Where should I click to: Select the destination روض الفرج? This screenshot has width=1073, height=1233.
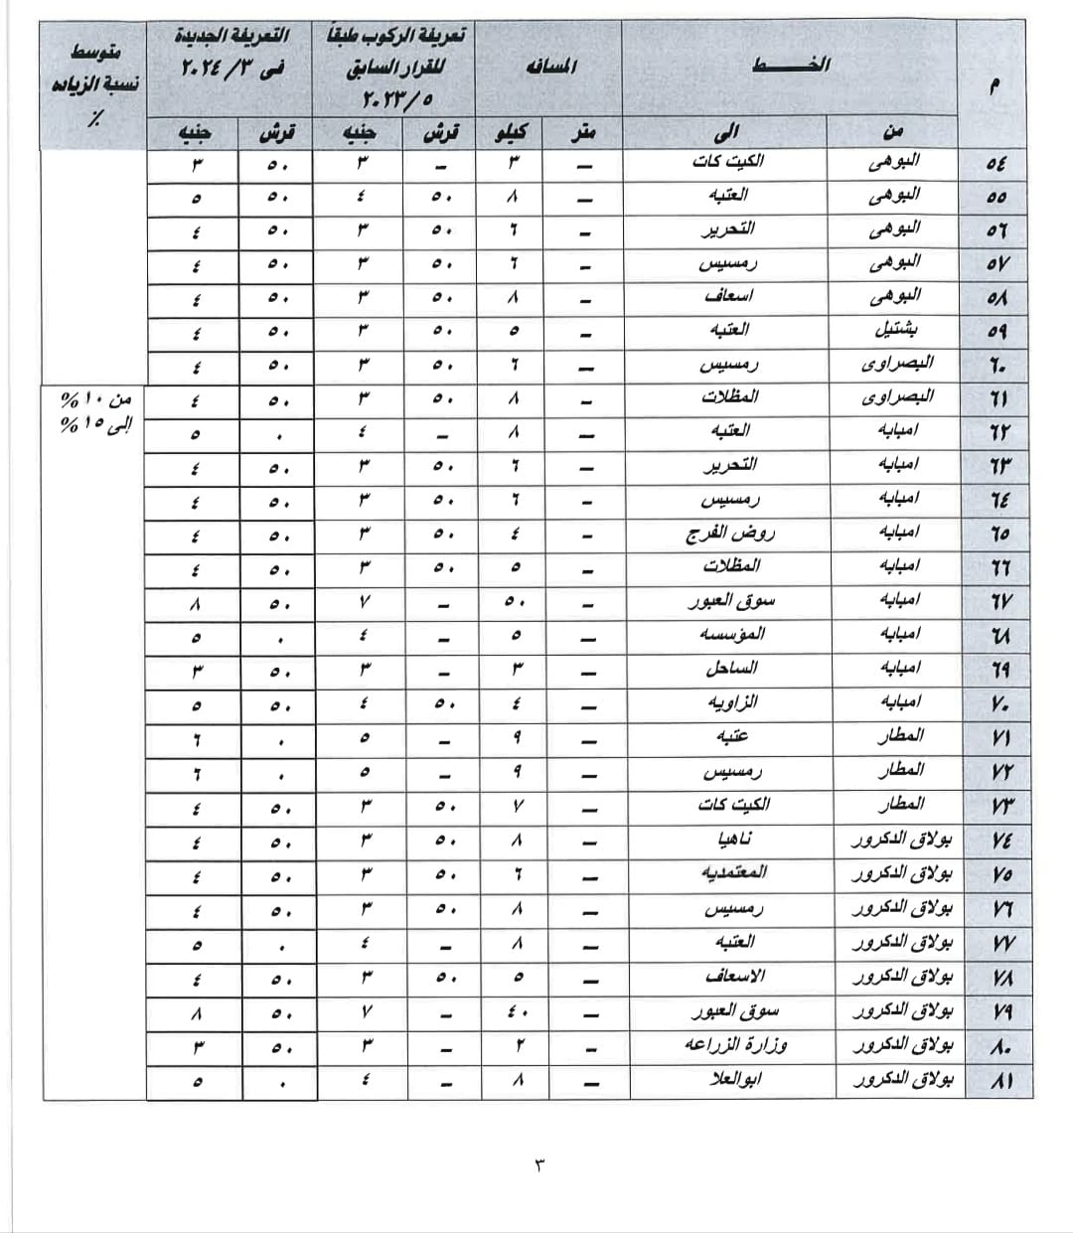pos(730,534)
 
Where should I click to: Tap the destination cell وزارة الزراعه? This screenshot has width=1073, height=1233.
pos(736,1045)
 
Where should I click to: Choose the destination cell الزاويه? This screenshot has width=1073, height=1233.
pos(732,702)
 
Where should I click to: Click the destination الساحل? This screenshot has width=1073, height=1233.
pos(731,668)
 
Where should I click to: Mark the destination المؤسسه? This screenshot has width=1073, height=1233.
pos(732,634)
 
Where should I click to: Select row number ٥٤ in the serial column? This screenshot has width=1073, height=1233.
pos(996,163)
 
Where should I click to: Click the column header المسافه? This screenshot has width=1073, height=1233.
pos(550,68)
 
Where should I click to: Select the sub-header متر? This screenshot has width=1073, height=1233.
pos(586,131)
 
